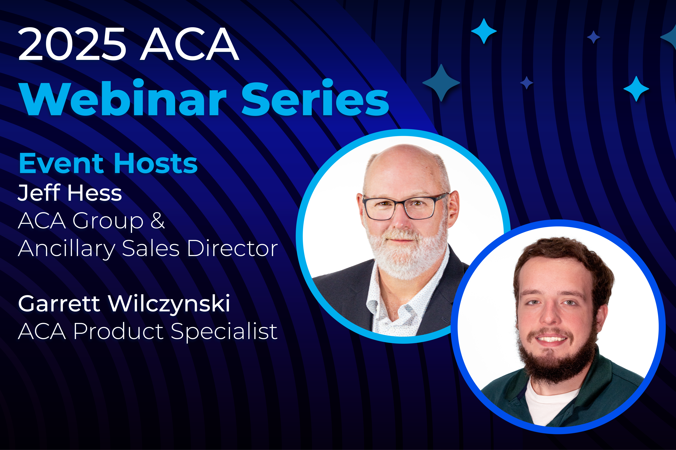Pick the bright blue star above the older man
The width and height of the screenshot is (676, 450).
tap(484, 31)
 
